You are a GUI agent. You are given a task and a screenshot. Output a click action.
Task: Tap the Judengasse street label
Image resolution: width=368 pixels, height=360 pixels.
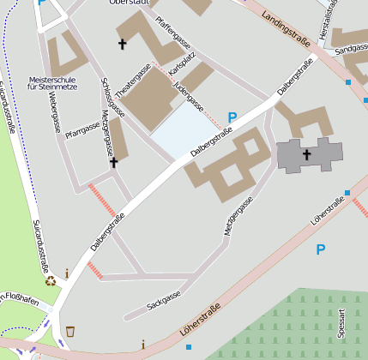point(188,96)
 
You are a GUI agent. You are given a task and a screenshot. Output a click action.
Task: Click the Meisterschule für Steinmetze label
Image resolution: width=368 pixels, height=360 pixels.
point(52,82)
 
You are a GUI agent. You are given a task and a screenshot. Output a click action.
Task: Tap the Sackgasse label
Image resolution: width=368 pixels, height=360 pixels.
point(164,298)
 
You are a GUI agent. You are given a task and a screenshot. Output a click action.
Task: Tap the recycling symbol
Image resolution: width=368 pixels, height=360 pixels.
point(51,279)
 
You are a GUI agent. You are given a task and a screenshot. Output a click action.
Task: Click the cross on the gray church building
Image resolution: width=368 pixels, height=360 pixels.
point(307,155)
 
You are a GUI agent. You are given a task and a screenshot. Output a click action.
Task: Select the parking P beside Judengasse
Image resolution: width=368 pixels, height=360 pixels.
point(232,117)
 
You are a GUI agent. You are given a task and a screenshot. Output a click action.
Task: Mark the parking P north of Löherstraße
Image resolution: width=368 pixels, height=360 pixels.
point(321,250)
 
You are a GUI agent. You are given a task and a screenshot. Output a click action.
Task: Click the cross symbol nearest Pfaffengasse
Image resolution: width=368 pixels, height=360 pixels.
point(122,43)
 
